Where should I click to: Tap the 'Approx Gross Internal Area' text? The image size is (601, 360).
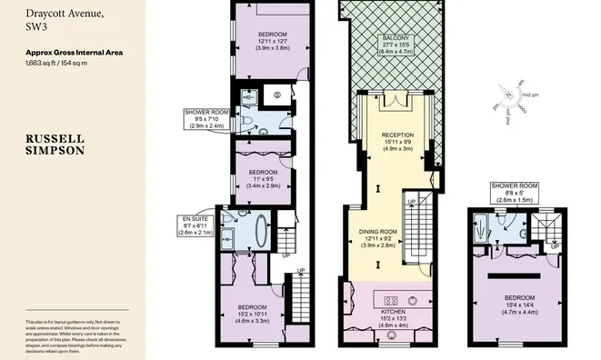[x=74, y=53]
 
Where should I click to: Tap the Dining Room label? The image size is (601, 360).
[x=376, y=239]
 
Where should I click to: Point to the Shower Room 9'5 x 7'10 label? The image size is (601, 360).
[x=205, y=119]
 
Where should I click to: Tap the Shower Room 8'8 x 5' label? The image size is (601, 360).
[x=514, y=194]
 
